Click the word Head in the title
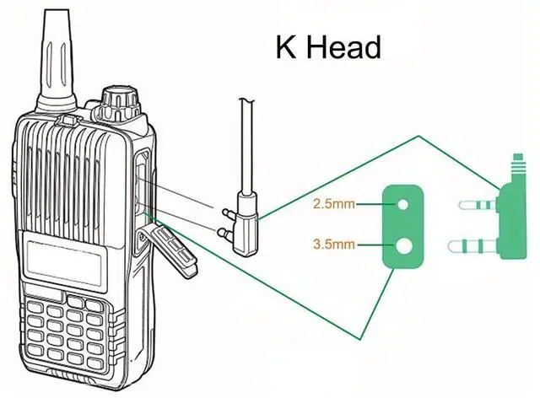pyautogui.click(x=343, y=46)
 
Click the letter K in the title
pyautogui.click(x=285, y=46)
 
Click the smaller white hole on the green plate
pyautogui.click(x=404, y=204)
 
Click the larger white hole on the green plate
pyautogui.click(x=404, y=246)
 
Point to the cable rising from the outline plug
pyautogui.click(x=246, y=143)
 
